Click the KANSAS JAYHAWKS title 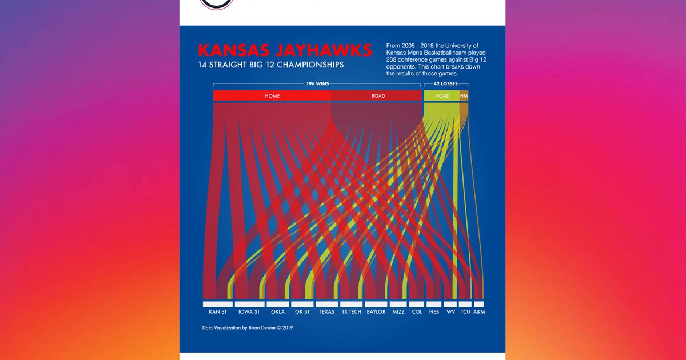(x=285, y=50)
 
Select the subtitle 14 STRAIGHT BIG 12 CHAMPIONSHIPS (x=270, y=65)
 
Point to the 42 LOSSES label (x=445, y=84)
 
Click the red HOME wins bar (x=272, y=95)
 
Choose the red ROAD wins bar (x=378, y=95)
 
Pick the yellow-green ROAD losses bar (x=442, y=95)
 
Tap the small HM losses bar (x=464, y=95)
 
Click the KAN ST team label (x=218, y=312)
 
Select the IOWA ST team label (x=249, y=312)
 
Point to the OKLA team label (x=278, y=312)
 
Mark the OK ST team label (x=302, y=312)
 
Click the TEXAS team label (x=326, y=312)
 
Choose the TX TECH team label (x=351, y=312)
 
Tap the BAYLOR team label (x=376, y=312)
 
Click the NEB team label (x=434, y=312)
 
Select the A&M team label (x=479, y=312)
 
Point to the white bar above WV (x=450, y=304)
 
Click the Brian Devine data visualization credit (x=248, y=328)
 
